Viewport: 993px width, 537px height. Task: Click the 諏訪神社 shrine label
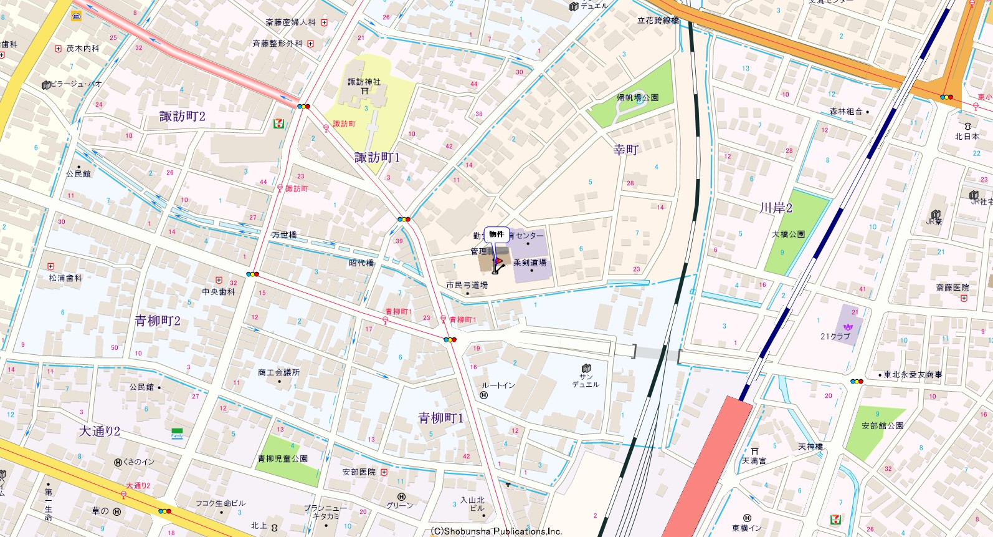(364, 82)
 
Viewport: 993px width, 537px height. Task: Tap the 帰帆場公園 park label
(637, 98)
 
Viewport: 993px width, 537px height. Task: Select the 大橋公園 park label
(788, 234)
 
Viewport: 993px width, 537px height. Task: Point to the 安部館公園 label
(882, 425)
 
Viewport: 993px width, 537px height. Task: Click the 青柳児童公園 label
(283, 458)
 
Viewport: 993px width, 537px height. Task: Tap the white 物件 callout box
(496, 234)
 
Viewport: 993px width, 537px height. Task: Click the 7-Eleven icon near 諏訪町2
(278, 123)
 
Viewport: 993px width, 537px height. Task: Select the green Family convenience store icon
(178, 432)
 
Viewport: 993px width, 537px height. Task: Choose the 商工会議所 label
(278, 372)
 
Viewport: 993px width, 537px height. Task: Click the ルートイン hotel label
(498, 385)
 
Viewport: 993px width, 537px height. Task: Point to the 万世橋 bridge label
(284, 235)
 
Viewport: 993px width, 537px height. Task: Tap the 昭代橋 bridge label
(361, 263)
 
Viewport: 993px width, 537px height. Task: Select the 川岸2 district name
(776, 208)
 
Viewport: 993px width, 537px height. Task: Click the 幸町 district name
(625, 150)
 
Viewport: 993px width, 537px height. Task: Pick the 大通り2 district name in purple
(100, 431)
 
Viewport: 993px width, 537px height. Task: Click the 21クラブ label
(835, 336)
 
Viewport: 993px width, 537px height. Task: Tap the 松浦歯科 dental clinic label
(65, 278)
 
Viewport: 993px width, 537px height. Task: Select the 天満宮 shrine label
(754, 460)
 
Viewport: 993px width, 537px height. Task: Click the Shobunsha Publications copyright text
(496, 531)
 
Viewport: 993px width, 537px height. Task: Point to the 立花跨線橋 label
(658, 21)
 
